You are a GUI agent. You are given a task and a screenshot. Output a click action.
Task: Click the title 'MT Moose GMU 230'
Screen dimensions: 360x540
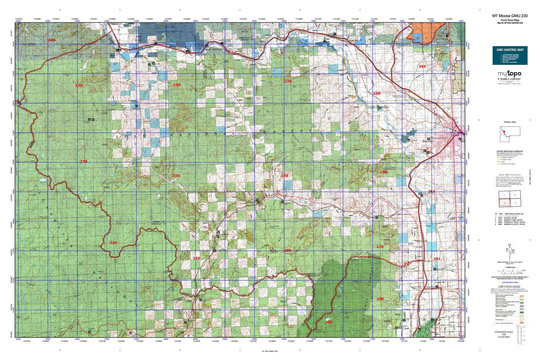(x=510, y=16)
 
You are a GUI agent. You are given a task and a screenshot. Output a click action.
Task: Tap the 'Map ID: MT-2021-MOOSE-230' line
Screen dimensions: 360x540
(x=510, y=23)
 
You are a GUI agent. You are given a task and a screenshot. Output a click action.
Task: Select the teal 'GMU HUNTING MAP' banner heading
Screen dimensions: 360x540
(x=510, y=50)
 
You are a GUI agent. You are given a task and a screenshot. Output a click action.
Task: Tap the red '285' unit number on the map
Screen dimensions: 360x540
(x=422, y=67)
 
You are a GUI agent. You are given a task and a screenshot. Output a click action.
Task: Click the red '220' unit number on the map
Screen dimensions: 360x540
(x=51, y=40)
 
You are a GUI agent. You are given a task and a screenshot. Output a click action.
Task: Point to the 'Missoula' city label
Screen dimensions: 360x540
(x=427, y=142)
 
